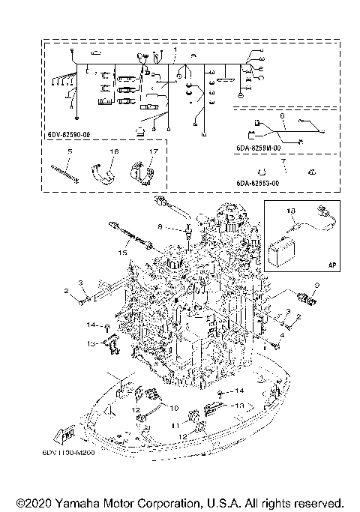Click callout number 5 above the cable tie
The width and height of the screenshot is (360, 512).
coord(69,152)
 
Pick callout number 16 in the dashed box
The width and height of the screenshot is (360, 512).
coord(114,152)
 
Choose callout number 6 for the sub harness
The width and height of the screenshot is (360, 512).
coord(281,117)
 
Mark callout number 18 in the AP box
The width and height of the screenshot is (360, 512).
coord(292,211)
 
